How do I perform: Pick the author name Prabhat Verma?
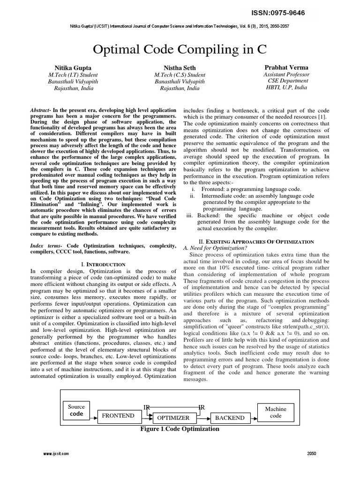(286, 67)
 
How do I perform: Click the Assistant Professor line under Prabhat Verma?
(286, 74)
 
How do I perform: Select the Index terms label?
(46, 246)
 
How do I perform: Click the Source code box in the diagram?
(76, 411)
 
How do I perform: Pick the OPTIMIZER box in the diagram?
(173, 418)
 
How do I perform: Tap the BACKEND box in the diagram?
(229, 418)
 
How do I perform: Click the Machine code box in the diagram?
(275, 412)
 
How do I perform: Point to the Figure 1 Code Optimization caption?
(180, 429)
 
